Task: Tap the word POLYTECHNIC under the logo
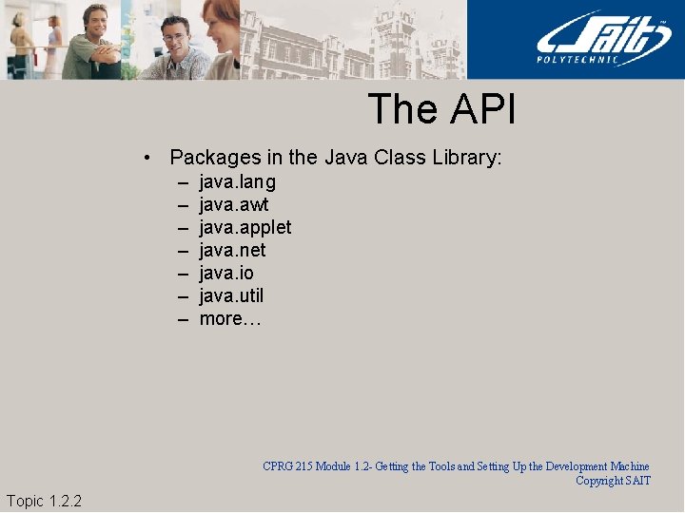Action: coord(592,60)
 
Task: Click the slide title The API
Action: coord(441,108)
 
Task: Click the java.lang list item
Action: coord(238,181)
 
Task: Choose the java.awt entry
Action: coord(234,204)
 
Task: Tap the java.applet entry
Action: coord(245,227)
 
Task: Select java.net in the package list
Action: coord(233,250)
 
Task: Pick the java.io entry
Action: coord(226,273)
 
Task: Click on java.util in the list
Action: coord(231,295)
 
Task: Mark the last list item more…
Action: coord(229,318)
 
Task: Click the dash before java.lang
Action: coord(181,181)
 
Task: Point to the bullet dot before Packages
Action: coord(147,158)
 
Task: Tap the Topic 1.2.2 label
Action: coord(44,501)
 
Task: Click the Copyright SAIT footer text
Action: coord(614,481)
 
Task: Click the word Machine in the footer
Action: coord(629,466)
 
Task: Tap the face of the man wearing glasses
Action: coord(174,39)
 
